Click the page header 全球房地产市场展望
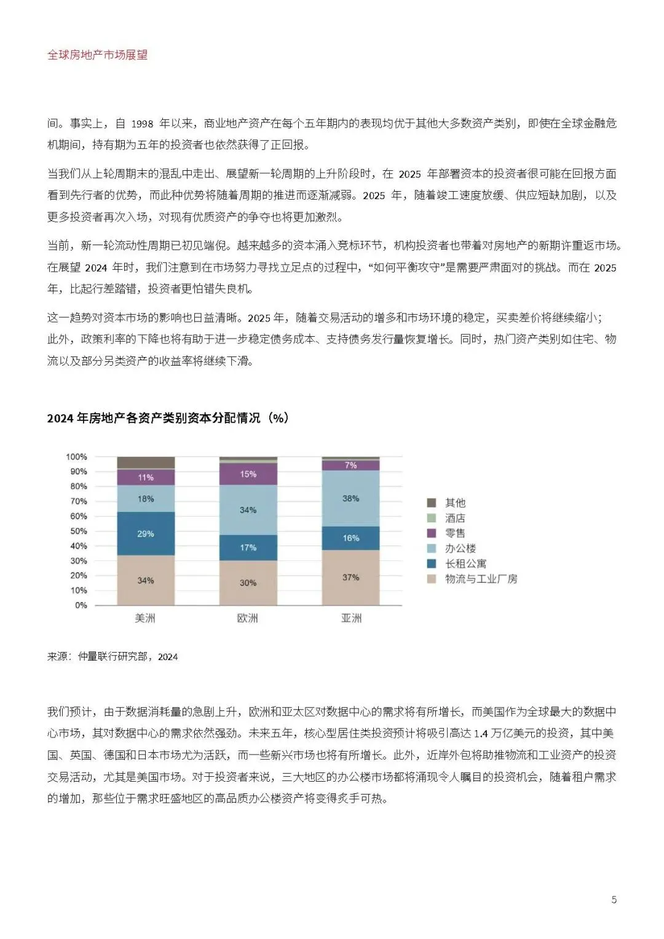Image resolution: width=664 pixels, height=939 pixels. pyautogui.click(x=97, y=55)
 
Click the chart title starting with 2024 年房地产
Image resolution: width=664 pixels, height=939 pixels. pyautogui.click(x=167, y=418)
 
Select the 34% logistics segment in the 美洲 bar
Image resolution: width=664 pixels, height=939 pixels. pyautogui.click(x=146, y=580)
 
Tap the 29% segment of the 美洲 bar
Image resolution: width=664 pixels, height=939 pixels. pyautogui.click(x=146, y=533)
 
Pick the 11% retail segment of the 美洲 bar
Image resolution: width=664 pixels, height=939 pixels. pyautogui.click(x=146, y=477)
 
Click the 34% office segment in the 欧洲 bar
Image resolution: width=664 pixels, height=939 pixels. pyautogui.click(x=248, y=509)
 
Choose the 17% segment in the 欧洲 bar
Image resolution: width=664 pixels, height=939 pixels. pyautogui.click(x=248, y=547)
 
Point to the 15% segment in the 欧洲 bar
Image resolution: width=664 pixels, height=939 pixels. pyautogui.click(x=248, y=474)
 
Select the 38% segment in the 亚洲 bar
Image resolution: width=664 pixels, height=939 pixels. pyautogui.click(x=350, y=498)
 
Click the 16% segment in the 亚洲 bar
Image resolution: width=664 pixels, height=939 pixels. pyautogui.click(x=350, y=538)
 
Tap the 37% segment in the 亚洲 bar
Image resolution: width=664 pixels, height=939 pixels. pyautogui.click(x=350, y=577)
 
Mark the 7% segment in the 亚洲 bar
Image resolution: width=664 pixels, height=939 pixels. pyautogui.click(x=350, y=465)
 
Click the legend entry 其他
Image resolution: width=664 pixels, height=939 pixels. pyautogui.click(x=455, y=503)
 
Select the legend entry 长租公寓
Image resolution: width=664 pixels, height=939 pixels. pyautogui.click(x=465, y=564)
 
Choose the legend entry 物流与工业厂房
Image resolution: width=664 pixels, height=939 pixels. pyautogui.click(x=481, y=579)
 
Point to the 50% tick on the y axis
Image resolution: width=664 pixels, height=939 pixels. pyautogui.click(x=79, y=531)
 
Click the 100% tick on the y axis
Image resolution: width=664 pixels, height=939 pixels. pyautogui.click(x=77, y=457)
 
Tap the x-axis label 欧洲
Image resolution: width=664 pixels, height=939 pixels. pyautogui.click(x=248, y=618)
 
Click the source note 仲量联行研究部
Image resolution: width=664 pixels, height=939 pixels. pyautogui.click(x=113, y=656)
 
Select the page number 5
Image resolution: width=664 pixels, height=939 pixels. pyautogui.click(x=614, y=900)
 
